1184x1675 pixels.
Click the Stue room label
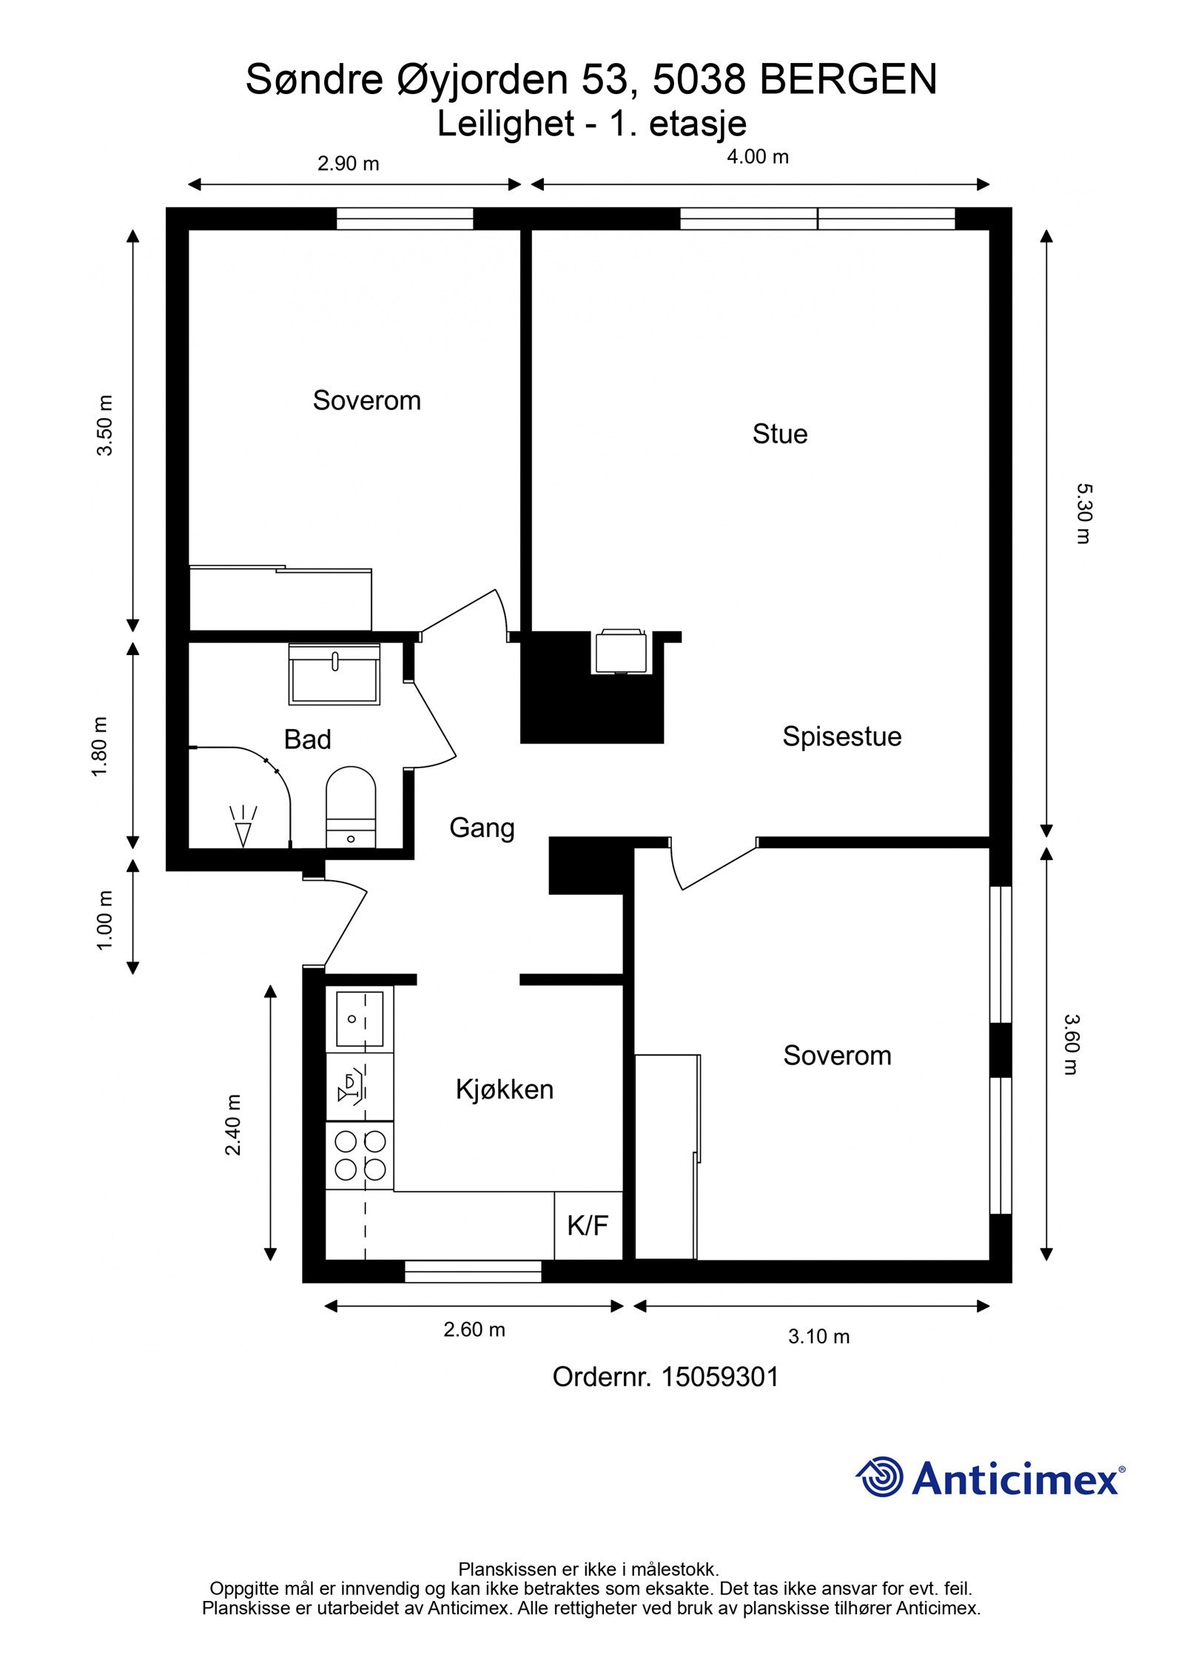pyautogui.click(x=779, y=434)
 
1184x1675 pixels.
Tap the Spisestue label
pyautogui.click(x=841, y=737)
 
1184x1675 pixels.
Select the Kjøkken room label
pyautogui.click(x=504, y=1090)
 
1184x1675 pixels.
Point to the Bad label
pyautogui.click(x=307, y=739)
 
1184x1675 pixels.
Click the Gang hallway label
pyautogui.click(x=482, y=828)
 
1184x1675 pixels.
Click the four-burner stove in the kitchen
pyautogui.click(x=360, y=1155)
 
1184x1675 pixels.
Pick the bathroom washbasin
pyautogui.click(x=334, y=674)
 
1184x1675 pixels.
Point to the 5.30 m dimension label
pyautogui.click(x=1083, y=514)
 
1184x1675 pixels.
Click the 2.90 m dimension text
pyautogui.click(x=348, y=164)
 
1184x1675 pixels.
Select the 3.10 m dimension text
pyautogui.click(x=818, y=1337)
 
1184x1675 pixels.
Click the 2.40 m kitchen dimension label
pyautogui.click(x=233, y=1125)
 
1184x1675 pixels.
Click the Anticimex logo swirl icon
pyautogui.click(x=879, y=1477)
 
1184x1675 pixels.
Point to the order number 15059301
pyautogui.click(x=720, y=1377)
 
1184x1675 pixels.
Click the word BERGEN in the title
pyautogui.click(x=848, y=80)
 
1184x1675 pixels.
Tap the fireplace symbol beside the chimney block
pyautogui.click(x=620, y=651)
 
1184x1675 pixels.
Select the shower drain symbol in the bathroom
pyautogui.click(x=243, y=825)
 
